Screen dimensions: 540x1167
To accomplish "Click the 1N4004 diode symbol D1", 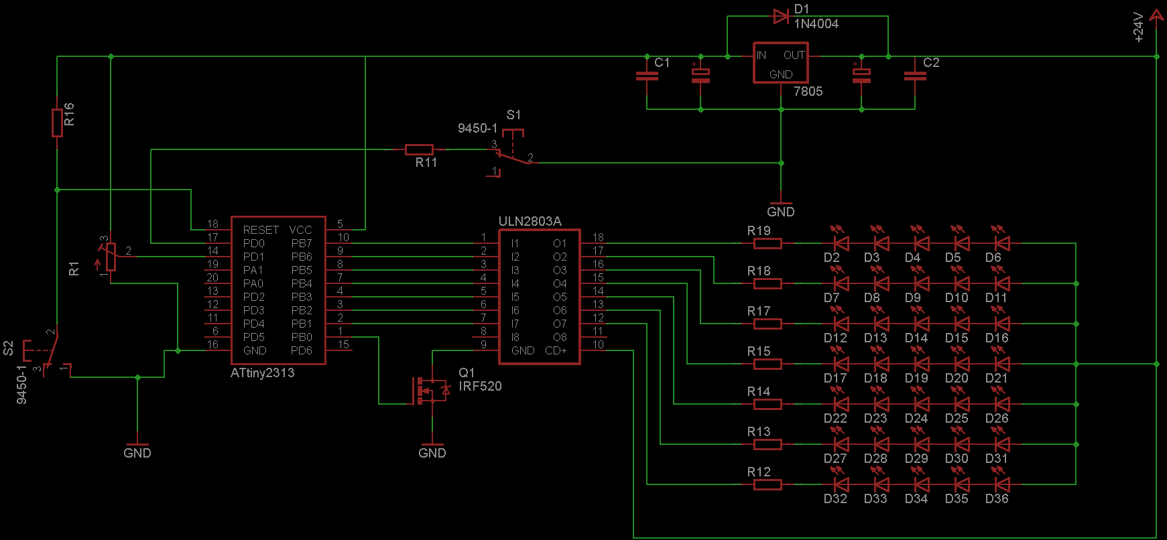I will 780,16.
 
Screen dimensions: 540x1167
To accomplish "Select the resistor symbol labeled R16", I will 57,122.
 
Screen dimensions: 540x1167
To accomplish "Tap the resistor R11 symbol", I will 419,149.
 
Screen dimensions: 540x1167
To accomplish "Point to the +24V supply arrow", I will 1156,16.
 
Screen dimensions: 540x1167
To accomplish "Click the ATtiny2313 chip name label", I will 262,373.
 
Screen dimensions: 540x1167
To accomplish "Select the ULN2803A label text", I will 530,221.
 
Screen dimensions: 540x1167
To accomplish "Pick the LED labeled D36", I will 1001,484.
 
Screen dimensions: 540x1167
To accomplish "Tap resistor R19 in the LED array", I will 767,243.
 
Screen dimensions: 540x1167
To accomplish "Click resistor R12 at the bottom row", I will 767,484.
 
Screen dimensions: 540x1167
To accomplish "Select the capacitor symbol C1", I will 647,76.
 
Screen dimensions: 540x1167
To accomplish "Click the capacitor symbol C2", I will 915,76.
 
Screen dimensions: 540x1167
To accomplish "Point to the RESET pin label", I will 261,230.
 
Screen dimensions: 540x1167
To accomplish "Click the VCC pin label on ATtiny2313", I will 300,230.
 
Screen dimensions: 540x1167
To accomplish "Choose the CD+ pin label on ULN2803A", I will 556,350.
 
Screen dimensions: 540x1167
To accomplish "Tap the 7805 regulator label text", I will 808,92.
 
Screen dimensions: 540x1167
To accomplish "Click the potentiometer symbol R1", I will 111,257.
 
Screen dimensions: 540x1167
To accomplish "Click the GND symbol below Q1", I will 432,448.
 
